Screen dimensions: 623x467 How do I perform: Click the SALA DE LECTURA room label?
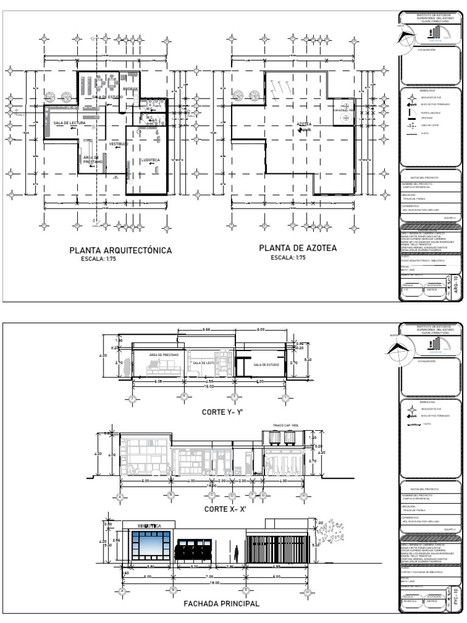coord(69,123)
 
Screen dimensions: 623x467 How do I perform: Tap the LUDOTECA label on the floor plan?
coord(150,160)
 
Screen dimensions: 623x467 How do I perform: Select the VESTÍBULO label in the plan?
coord(117,144)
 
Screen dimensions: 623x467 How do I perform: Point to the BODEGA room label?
coord(130,89)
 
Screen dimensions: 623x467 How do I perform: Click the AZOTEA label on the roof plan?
coord(305,124)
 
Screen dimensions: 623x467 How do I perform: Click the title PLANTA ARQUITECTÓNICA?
coord(120,250)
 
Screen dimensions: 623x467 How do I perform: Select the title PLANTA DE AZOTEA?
coord(297,248)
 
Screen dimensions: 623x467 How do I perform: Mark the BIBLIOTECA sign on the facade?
coord(150,525)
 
